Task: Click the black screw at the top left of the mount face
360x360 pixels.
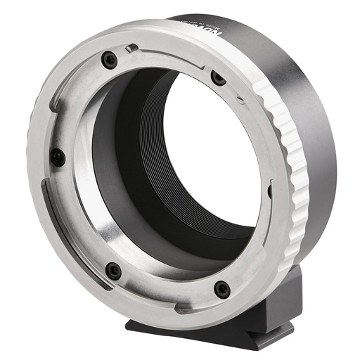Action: point(108,60)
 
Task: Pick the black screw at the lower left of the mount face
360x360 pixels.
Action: point(112,271)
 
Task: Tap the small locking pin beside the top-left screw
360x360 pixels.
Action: point(131,49)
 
